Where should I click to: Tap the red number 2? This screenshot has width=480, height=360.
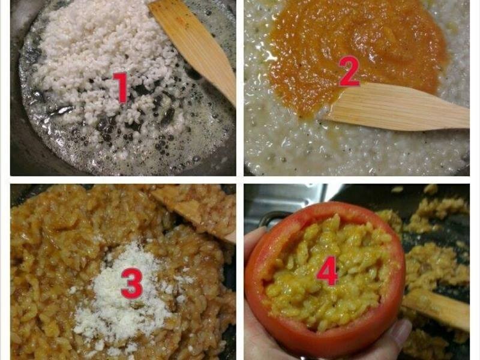pos(349,71)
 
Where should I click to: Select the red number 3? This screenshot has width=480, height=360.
pos(132,283)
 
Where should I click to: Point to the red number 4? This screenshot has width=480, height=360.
pos(327,271)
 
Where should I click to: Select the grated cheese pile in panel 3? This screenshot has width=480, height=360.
pos(122,294)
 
